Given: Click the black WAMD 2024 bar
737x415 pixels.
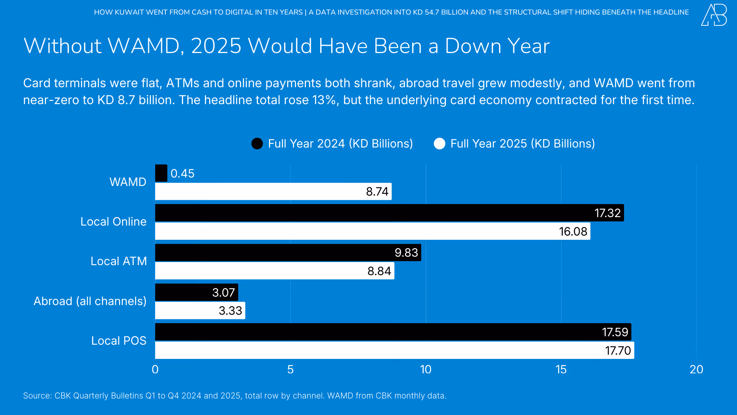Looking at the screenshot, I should [x=161, y=173].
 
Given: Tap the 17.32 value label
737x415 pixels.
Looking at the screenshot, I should [x=607, y=213].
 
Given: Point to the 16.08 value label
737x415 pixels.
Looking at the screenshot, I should [x=573, y=231].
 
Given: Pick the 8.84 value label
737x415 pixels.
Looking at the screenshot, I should [x=379, y=271].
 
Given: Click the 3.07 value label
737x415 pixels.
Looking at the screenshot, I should [x=223, y=292].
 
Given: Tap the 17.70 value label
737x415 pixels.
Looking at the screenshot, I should [x=618, y=350].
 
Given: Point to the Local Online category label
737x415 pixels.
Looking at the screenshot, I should [x=113, y=222].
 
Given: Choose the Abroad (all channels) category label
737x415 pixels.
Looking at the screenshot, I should [x=90, y=301].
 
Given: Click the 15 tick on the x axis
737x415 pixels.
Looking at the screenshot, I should [x=561, y=370].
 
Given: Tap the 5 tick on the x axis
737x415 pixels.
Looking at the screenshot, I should [x=290, y=370].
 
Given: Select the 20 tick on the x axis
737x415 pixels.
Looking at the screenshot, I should [x=696, y=370].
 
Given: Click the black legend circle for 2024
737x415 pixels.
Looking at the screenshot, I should [x=257, y=144].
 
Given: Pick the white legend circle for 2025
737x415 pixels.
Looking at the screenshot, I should [x=440, y=144].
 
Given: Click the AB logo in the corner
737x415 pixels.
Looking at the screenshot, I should [x=714, y=15].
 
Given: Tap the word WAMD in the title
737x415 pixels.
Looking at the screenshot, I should [x=144, y=46].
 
